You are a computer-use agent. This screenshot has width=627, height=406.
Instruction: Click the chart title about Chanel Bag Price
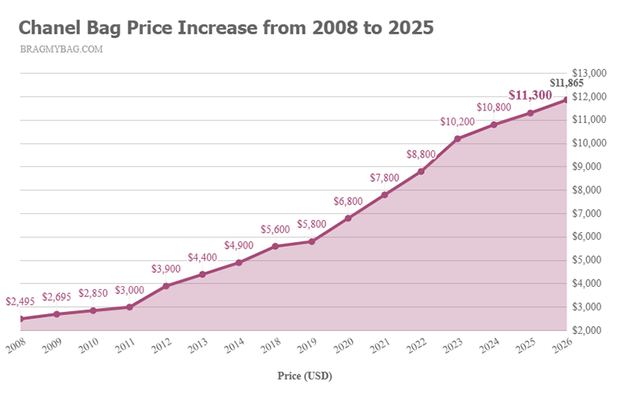coord(226,27)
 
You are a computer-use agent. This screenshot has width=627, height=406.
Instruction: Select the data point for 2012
coord(166,286)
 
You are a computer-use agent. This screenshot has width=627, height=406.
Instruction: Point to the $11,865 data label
coord(566,82)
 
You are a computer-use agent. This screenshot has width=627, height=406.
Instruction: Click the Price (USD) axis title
coord(305,376)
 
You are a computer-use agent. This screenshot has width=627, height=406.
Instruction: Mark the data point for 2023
coord(458,139)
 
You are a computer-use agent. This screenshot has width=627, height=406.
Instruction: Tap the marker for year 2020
coord(348,218)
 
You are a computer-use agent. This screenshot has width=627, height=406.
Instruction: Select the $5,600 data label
coord(275,230)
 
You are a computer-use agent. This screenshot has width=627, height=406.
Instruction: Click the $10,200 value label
coord(458,122)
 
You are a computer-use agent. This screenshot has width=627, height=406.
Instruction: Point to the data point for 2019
coord(312,241)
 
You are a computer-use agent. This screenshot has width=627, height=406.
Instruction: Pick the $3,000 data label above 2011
coord(129,291)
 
